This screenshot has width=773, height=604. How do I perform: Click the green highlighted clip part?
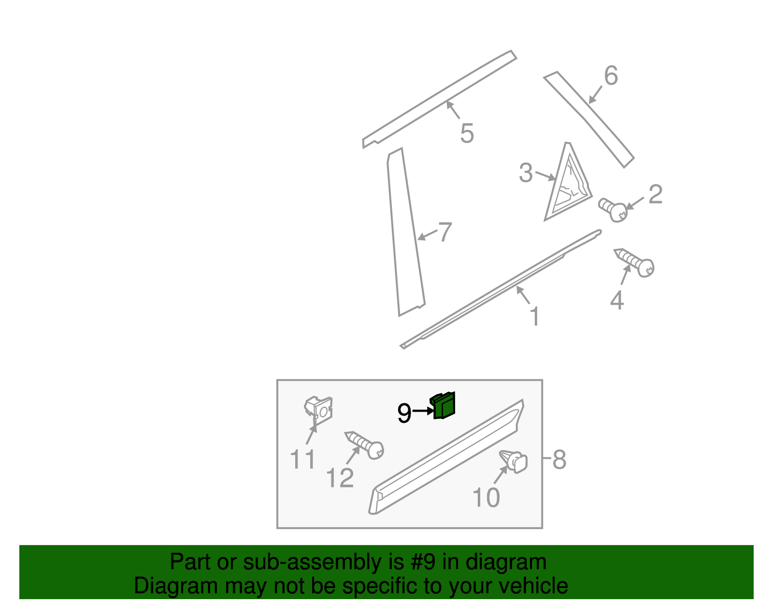443,406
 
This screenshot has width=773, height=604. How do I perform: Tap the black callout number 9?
404,413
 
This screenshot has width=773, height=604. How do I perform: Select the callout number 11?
303,459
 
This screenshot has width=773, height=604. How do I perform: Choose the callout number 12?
340,478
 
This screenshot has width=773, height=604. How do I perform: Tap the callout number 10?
486,497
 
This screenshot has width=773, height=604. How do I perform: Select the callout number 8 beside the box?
559,459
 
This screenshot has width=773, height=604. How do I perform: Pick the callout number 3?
526,173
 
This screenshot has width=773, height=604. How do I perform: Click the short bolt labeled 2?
613,210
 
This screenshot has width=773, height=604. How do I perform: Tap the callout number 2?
655,194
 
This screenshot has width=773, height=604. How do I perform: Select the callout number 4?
616,301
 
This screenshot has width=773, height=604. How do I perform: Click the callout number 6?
611,76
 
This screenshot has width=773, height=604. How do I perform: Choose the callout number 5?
467,133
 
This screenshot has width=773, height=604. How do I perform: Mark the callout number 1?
534,317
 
